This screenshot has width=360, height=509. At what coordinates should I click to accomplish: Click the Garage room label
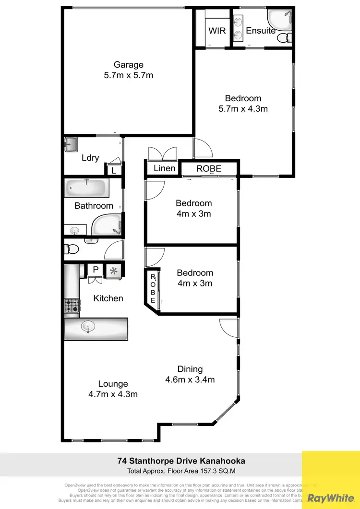pos(129,65)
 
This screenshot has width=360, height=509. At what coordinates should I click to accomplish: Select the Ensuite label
pos(261,31)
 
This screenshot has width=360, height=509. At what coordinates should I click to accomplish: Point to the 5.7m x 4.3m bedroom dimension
pos(243,109)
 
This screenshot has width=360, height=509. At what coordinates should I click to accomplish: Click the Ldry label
pos(90,157)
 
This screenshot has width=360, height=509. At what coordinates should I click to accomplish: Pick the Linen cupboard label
pos(164,169)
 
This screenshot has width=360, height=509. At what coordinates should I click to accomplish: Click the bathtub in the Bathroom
pos(87,187)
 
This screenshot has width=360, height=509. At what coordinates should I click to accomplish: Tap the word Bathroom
pos(94,206)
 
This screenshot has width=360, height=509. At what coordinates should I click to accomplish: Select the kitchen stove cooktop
pos(72,306)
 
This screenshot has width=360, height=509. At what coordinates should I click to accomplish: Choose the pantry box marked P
pos(96,270)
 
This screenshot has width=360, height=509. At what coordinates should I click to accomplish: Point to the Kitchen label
pos(108,298)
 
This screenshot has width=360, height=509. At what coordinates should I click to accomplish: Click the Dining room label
pos(190,369)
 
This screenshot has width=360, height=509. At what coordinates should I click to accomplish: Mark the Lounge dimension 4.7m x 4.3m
pos(113,394)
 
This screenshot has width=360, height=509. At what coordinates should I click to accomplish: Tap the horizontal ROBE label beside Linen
pos(209,169)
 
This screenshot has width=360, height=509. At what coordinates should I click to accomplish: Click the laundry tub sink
pos(72,144)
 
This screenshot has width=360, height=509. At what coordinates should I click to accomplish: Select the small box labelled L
pos(113,170)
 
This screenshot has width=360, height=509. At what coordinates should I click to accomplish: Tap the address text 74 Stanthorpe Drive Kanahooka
pos(181,461)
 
